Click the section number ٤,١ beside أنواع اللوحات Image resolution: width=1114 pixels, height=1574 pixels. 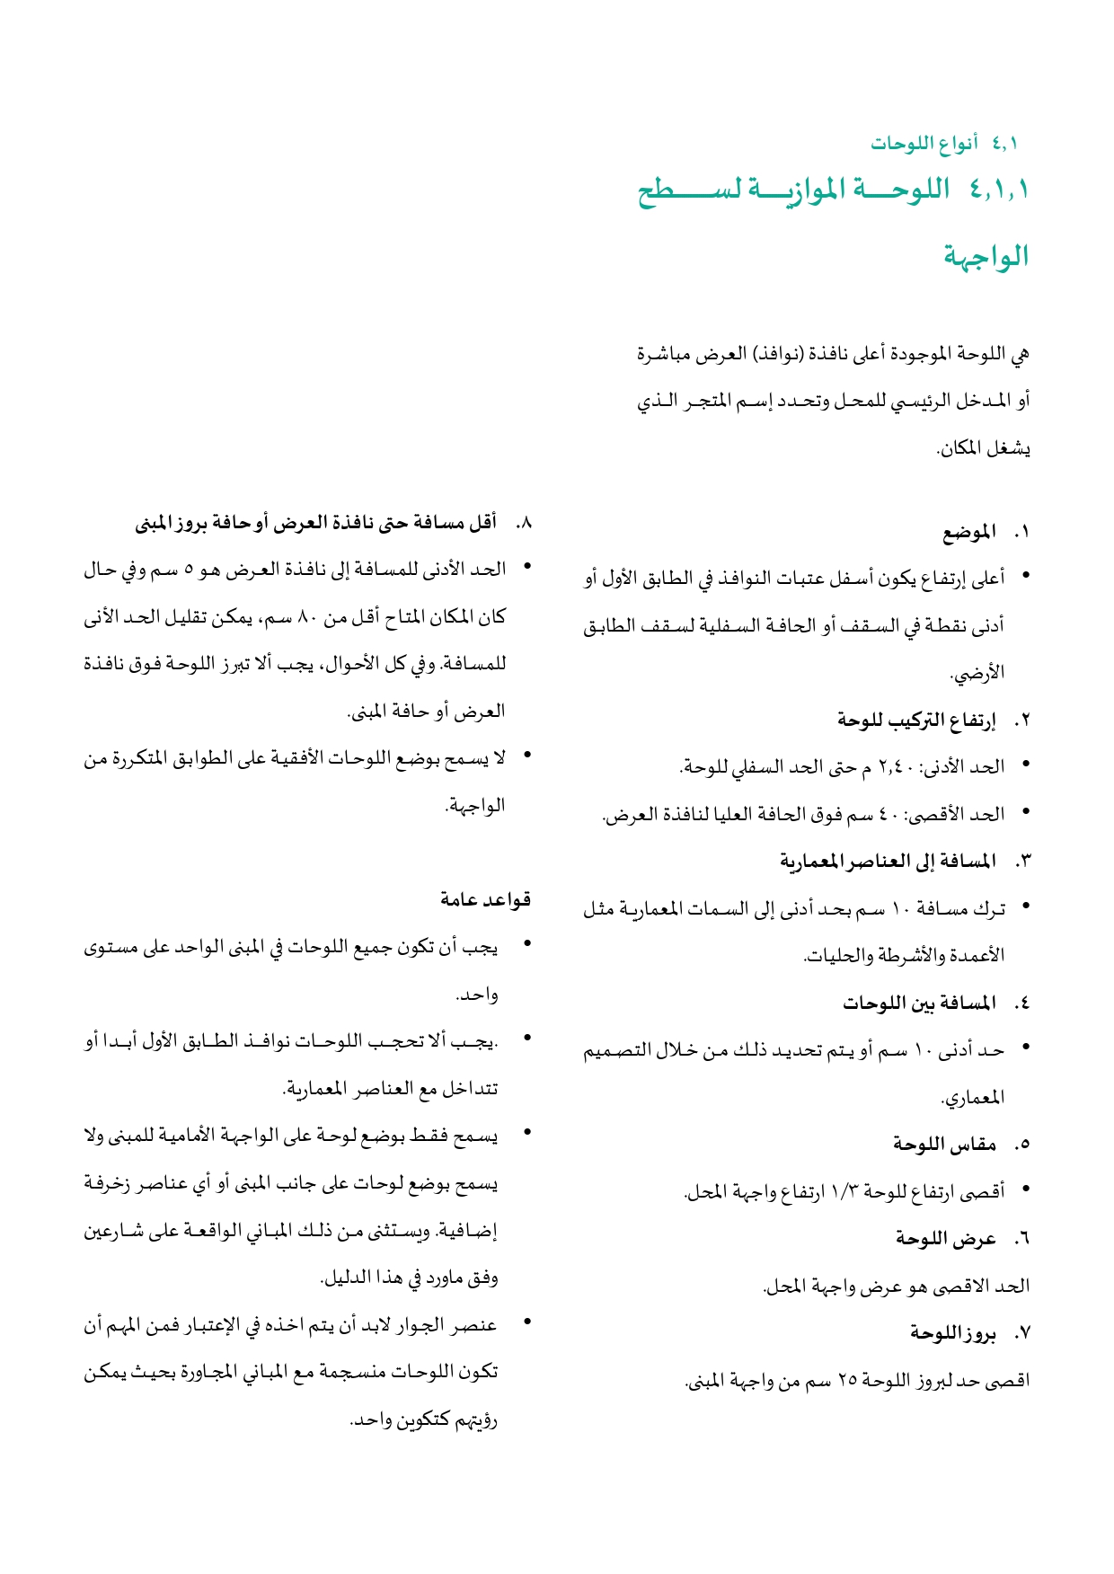click(x=1005, y=143)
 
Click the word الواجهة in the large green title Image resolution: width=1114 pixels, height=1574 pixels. click(x=986, y=257)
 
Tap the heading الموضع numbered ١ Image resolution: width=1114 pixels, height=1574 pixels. click(x=969, y=533)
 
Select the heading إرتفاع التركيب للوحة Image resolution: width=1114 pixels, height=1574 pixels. click(x=916, y=720)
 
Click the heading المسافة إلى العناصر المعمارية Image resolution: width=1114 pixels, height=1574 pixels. click(x=888, y=862)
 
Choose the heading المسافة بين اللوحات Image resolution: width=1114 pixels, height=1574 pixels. click(x=919, y=1003)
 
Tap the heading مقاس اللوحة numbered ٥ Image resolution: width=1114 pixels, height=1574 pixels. click(x=944, y=1145)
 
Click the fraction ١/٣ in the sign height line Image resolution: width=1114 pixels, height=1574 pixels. click(x=847, y=1192)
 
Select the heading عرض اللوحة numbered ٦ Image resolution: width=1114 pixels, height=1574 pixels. click(x=946, y=1239)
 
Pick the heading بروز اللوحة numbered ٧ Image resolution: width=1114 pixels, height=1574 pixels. click(x=952, y=1334)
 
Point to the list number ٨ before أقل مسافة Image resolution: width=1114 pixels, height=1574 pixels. click(x=524, y=522)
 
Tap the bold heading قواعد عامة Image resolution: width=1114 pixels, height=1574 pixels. click(x=486, y=899)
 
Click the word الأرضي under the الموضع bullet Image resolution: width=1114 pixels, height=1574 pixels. click(x=977, y=673)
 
